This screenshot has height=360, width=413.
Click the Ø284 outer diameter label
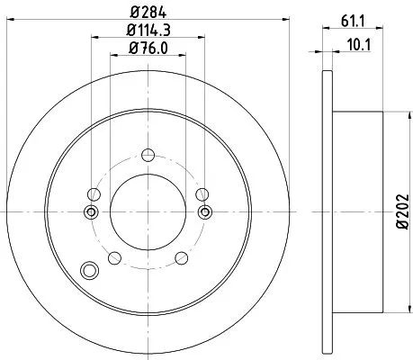click(148, 13)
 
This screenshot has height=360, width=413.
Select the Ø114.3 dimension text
click(148, 34)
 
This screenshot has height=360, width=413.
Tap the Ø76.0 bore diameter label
click(148, 51)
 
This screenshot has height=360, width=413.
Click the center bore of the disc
click(148, 211)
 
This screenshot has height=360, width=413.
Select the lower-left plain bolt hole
click(113, 259)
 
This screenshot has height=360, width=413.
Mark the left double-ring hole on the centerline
click(90, 211)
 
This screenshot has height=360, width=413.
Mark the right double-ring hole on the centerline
click(205, 211)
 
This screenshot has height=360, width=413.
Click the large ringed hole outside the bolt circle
click(88, 270)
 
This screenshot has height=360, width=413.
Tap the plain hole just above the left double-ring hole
click(93, 193)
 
